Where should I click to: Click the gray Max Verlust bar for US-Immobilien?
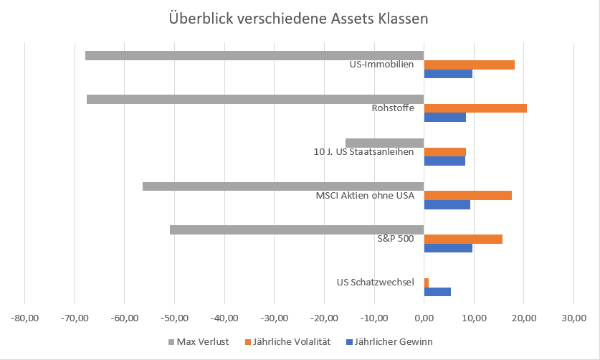pos(254,55)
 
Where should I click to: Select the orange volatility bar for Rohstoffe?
pos(475,108)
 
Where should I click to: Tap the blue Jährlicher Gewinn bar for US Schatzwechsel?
pos(437,292)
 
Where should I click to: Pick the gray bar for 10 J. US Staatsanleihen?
pos(385,143)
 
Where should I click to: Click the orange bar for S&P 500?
pos(463,239)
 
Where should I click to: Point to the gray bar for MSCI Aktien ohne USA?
pos(283,186)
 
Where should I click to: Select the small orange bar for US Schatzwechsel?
pos(427,283)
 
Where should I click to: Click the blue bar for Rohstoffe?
pos(444,117)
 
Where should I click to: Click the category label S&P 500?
pos(396,239)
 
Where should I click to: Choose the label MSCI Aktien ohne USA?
pos(365,195)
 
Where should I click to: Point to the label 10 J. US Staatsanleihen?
pos(364,151)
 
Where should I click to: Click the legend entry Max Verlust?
pos(203,342)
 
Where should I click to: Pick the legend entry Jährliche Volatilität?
pos(295,342)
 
